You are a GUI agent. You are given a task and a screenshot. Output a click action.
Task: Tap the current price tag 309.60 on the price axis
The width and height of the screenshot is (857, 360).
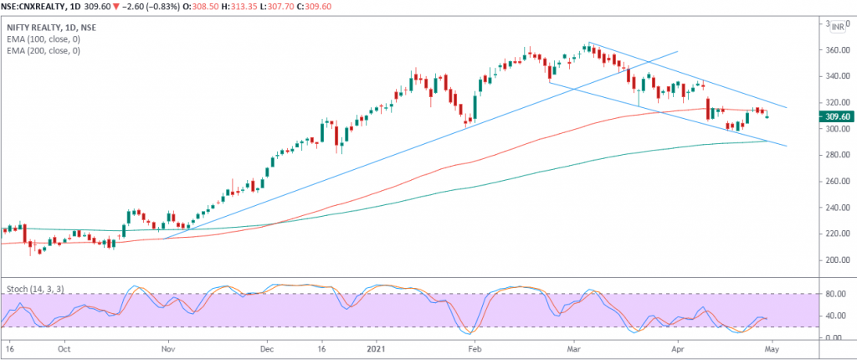[839, 116]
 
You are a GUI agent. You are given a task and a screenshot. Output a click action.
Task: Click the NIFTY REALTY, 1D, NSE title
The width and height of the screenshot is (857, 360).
[51, 28]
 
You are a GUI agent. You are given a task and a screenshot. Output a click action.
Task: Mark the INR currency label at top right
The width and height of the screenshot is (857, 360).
[839, 28]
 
